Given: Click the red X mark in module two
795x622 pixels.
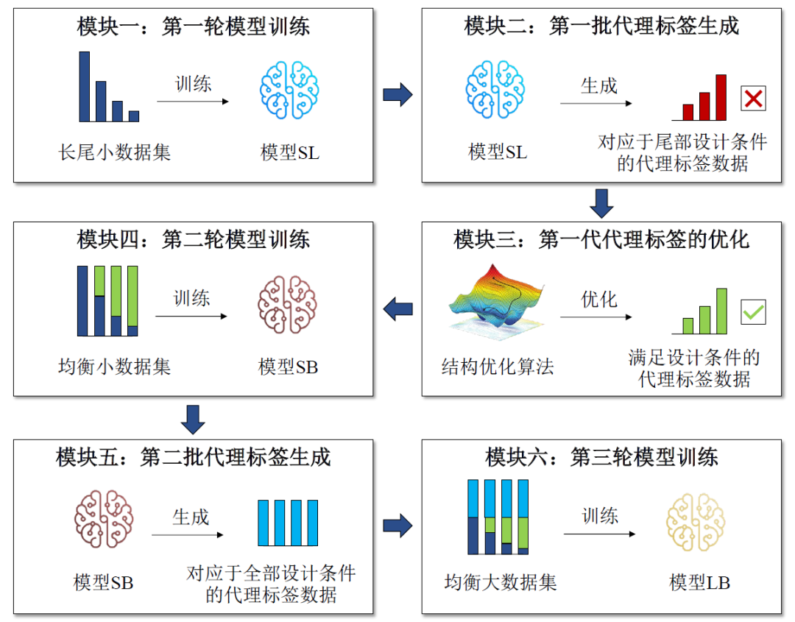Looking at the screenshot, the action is click(x=753, y=98).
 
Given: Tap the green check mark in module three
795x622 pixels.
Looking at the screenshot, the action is click(x=753, y=311).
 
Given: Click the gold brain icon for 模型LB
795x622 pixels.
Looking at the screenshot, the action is click(x=696, y=523).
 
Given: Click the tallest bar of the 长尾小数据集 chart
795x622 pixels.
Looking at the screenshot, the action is click(x=85, y=86).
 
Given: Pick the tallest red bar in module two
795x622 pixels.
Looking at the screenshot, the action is click(x=721, y=97).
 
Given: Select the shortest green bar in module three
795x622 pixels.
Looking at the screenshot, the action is click(x=688, y=326).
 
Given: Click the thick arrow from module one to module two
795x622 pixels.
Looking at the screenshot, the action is click(x=397, y=94).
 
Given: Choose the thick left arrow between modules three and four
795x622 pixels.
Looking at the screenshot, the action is click(x=398, y=308).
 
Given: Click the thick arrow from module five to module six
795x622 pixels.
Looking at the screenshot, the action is click(x=397, y=526).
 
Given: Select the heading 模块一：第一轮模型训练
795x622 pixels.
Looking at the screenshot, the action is click(x=194, y=26).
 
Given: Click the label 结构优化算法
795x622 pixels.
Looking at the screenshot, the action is click(x=497, y=366).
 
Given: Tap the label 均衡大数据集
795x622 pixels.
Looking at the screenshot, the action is click(x=501, y=582).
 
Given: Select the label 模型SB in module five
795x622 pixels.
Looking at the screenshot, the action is click(x=103, y=582).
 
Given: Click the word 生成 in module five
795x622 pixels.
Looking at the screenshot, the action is click(x=191, y=517).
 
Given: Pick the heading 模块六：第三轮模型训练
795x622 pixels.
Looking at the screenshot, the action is click(x=601, y=457).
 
